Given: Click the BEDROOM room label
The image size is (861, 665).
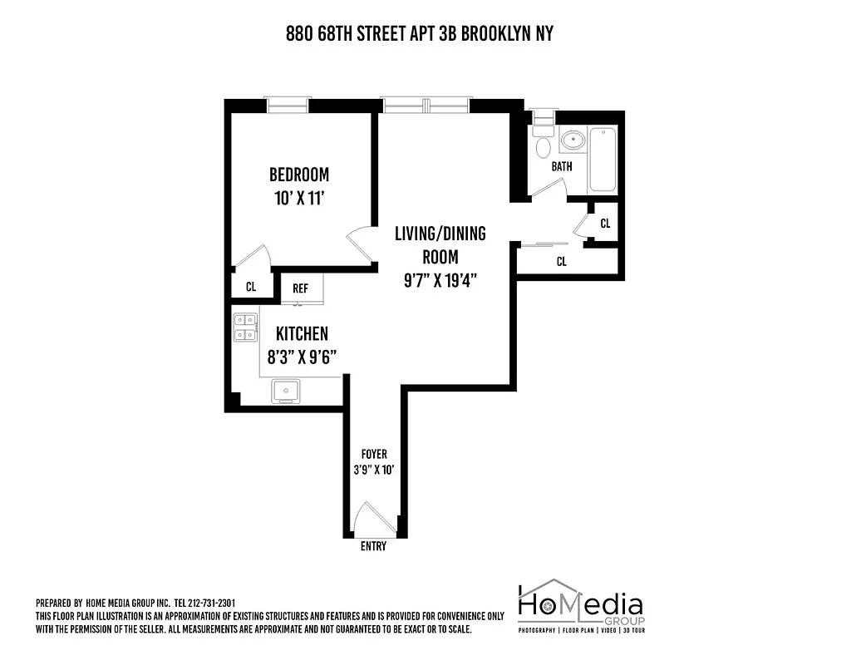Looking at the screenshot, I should coord(298,175).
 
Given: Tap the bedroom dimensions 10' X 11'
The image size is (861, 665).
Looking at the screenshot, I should coord(298,199).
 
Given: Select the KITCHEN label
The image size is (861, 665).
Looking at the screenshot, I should coord(302,334).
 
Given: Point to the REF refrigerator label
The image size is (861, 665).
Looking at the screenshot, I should coord(300,288).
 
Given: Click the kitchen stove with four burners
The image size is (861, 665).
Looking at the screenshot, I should coord(244,328).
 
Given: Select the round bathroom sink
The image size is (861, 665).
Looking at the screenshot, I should coord(573,139).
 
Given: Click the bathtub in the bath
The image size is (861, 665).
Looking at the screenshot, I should coord(602,160).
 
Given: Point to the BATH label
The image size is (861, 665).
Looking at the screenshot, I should coord(562,166).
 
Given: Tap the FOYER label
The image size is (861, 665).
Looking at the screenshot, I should coord(373,455).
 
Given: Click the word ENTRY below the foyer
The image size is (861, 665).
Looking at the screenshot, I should coord(373,546).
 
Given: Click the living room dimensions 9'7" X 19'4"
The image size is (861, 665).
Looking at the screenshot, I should coord(440,281).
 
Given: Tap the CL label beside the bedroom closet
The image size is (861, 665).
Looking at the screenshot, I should coord(250,287).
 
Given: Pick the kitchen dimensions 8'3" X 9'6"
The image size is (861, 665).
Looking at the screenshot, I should coord(302,358).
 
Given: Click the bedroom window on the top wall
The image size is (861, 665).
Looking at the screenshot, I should coord(287,104).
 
